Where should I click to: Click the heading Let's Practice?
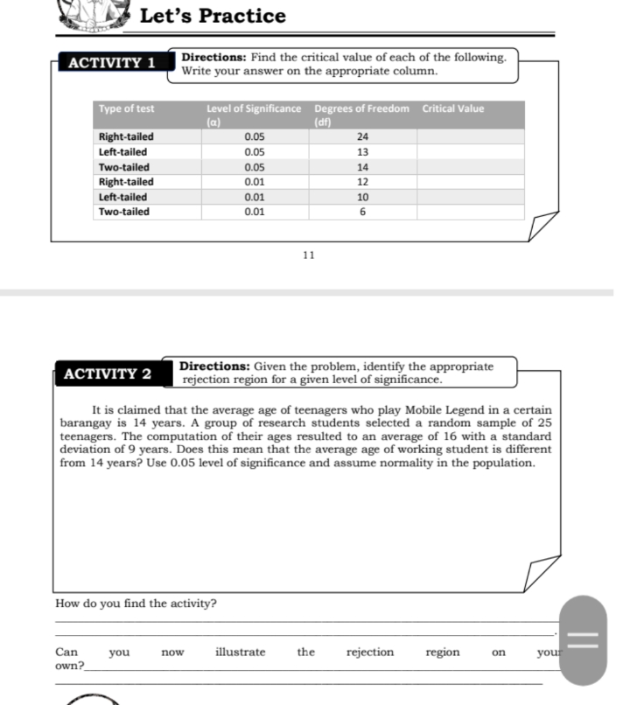[x=213, y=16]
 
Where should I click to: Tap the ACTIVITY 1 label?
[x=111, y=63]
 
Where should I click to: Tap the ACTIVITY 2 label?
[x=108, y=374]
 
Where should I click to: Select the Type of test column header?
[x=127, y=109]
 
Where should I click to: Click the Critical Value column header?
[x=452, y=109]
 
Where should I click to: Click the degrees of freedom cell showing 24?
[x=362, y=137]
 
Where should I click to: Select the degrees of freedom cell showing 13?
[x=362, y=152]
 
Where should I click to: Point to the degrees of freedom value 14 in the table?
[x=362, y=167]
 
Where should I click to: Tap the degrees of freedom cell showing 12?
[x=362, y=182]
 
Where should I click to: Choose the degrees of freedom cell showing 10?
[x=362, y=197]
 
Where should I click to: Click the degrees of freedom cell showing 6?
[x=362, y=212]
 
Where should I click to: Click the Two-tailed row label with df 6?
[x=123, y=212]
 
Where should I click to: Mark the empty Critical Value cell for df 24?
[x=470, y=137]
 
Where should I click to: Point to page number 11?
[x=307, y=255]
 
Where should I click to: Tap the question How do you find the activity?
[x=136, y=604]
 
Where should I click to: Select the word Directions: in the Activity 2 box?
[x=215, y=367]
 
